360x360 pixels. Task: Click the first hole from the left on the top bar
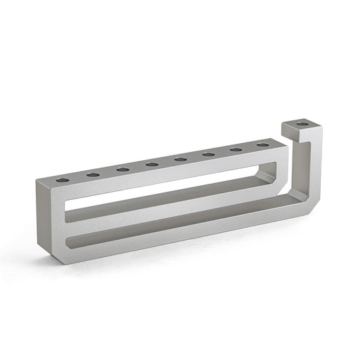point(62,180)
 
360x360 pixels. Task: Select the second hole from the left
point(93,175)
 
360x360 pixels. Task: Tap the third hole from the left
point(123,170)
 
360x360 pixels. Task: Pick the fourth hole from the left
point(152,164)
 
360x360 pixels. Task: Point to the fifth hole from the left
point(180,159)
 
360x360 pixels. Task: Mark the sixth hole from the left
point(209,155)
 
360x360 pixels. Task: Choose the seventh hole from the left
point(236,150)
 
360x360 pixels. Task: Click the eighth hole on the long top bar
point(262,145)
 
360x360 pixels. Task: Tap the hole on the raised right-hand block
point(303,124)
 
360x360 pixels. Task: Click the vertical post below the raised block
point(314,169)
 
